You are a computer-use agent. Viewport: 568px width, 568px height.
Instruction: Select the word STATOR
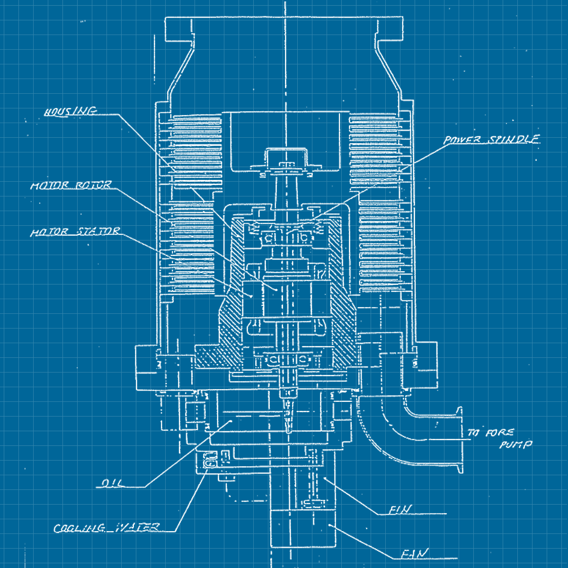click(98, 231)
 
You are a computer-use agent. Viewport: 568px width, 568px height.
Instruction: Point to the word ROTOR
click(93, 185)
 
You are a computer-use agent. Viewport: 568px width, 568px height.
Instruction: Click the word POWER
click(462, 140)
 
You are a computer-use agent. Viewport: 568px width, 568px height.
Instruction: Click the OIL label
click(112, 484)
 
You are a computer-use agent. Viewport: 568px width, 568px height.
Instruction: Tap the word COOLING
click(79, 528)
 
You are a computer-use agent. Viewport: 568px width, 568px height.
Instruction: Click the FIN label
click(400, 510)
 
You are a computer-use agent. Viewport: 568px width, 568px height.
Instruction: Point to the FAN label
click(415, 554)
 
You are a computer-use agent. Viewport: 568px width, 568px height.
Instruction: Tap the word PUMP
click(515, 445)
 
